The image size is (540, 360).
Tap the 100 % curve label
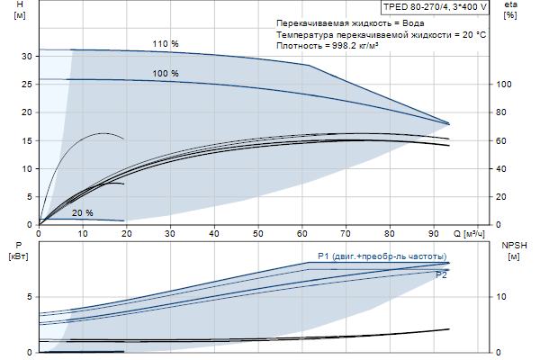click(x=166, y=74)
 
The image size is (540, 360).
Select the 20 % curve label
click(x=83, y=213)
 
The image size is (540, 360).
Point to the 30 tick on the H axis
click(x=27, y=56)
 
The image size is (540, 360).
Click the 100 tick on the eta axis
click(x=505, y=85)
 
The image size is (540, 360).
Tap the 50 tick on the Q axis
click(x=257, y=233)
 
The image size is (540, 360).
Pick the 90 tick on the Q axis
click(x=433, y=233)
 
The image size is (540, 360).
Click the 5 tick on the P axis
click(x=30, y=296)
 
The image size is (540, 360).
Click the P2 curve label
click(x=441, y=275)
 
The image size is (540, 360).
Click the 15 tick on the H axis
click(x=27, y=140)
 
